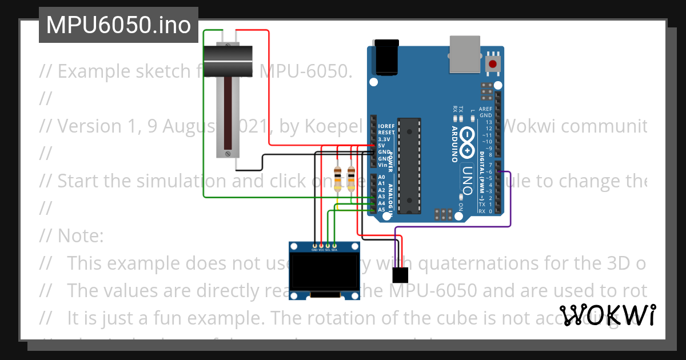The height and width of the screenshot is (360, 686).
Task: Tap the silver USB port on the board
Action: pyautogui.click(x=466, y=54)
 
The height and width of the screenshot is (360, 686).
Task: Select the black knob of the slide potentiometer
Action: pyautogui.click(x=228, y=59)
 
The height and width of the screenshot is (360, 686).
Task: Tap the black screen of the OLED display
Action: pyautogui.click(x=324, y=273)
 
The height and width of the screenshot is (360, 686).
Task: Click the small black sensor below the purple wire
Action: pyautogui.click(x=400, y=275)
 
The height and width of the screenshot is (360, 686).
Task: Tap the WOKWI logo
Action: pyautogui.click(x=607, y=315)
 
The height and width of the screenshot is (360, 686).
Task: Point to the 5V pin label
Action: pyautogui.click(x=382, y=146)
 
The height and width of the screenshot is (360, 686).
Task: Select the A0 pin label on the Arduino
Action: pyautogui.click(x=382, y=177)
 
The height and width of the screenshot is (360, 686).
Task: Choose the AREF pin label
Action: pyautogui.click(x=486, y=109)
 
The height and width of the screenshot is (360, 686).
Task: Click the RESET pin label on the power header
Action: pyautogui.click(x=386, y=133)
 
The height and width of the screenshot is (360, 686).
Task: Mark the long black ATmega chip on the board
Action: pyautogui.click(x=409, y=166)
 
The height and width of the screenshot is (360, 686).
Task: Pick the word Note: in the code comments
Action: pyautogui.click(x=81, y=235)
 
